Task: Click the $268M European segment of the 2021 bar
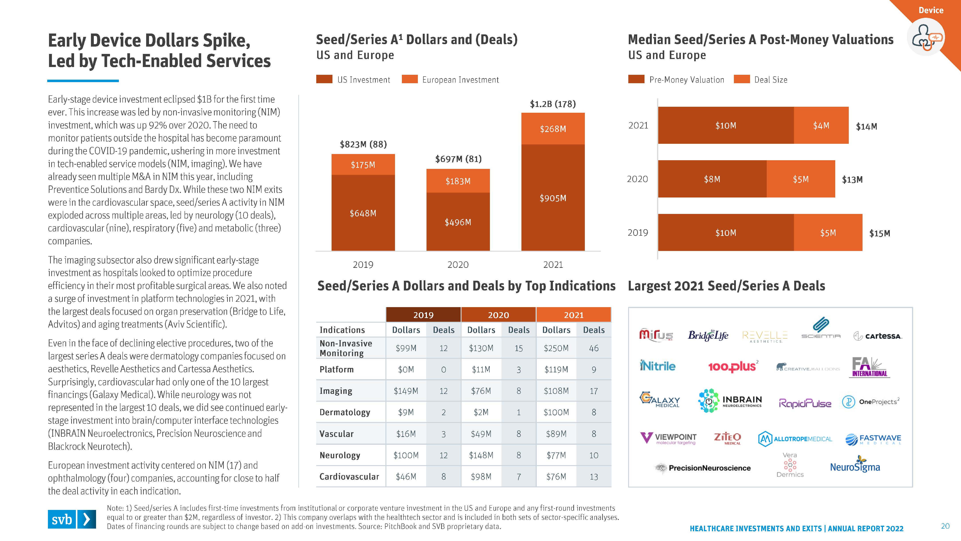click(553, 129)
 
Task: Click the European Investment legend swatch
click(410, 79)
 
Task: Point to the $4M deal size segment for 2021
click(821, 125)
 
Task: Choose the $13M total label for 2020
click(852, 180)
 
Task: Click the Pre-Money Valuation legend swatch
click(636, 79)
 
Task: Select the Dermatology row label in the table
click(345, 412)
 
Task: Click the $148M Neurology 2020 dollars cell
click(481, 455)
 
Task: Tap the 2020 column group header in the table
click(498, 315)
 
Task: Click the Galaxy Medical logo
click(660, 399)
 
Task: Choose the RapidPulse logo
click(805, 403)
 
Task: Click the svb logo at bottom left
click(72, 519)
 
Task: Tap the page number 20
click(945, 526)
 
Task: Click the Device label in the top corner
click(931, 10)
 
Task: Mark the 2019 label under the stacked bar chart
click(363, 265)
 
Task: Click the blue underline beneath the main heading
click(83, 81)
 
